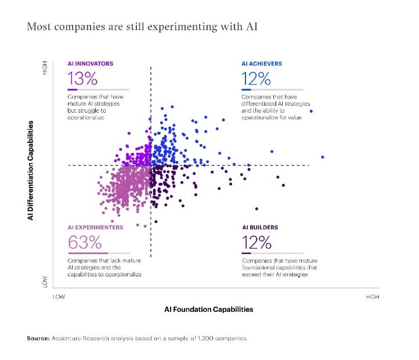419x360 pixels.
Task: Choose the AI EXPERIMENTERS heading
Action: tap(96, 227)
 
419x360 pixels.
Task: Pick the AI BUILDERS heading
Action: tap(260, 227)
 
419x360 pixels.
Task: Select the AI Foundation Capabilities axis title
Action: tap(209, 309)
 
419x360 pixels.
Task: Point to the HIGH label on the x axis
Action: tap(373, 297)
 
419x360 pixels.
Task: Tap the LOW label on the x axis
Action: tap(59, 297)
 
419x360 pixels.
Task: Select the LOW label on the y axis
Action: tap(45, 282)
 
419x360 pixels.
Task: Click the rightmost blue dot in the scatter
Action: tap(322, 157)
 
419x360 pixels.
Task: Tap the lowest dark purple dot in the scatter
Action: tap(257, 208)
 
